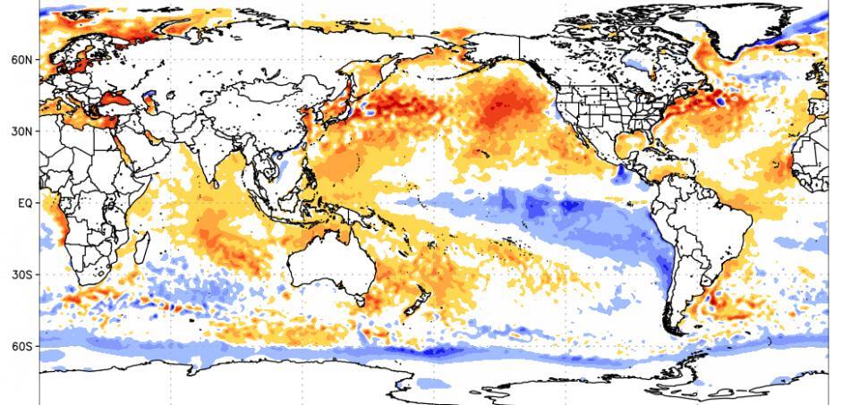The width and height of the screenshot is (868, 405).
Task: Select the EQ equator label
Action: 24,203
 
